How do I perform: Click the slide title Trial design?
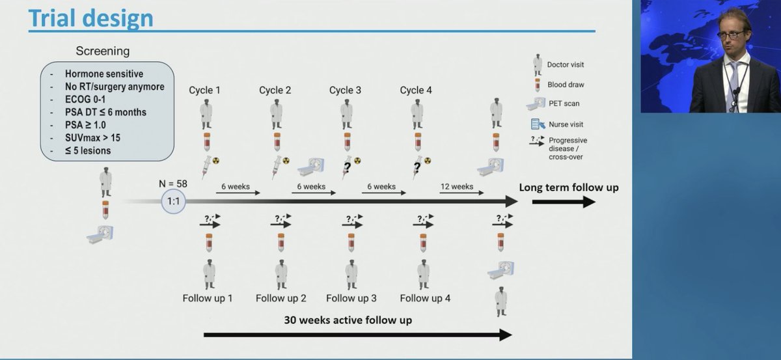90,18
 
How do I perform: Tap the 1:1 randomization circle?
174,202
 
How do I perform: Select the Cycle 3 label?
345,90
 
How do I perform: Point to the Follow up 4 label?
425,298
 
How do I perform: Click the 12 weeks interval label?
456,186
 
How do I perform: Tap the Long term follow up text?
568,188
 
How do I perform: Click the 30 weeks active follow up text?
348,320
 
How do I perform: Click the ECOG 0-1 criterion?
89,100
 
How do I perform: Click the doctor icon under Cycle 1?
206,114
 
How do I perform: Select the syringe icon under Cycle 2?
276,167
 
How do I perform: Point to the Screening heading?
103,50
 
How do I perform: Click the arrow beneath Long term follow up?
563,202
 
